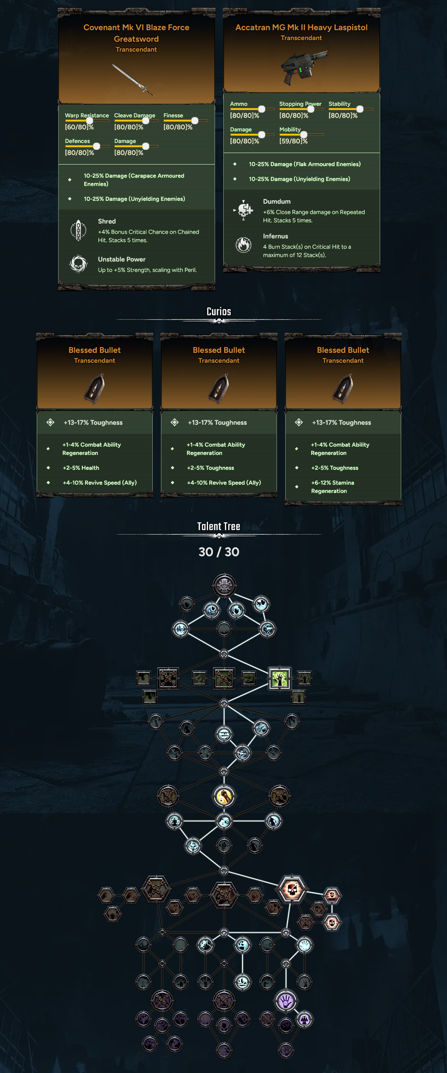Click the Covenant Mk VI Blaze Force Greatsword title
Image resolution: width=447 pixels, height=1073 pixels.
pyautogui.click(x=136, y=33)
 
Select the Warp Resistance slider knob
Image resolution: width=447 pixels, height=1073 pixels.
pyautogui.click(x=89, y=120)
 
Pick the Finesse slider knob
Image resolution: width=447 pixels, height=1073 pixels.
pyautogui.click(x=194, y=120)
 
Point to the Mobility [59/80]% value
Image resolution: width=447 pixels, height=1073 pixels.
pyautogui.click(x=293, y=141)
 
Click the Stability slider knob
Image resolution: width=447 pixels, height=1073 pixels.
pyautogui.click(x=359, y=109)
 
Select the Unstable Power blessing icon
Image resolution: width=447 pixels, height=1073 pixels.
pyautogui.click(x=78, y=264)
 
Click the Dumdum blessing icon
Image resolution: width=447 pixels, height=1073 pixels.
pyautogui.click(x=244, y=210)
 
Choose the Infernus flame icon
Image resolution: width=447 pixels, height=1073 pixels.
pyautogui.click(x=244, y=245)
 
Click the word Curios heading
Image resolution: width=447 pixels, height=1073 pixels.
pyautogui.click(x=218, y=312)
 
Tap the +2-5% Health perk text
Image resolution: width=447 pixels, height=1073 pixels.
pyautogui.click(x=81, y=468)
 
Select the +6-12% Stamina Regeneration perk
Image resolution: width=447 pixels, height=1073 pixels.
pyautogui.click(x=332, y=487)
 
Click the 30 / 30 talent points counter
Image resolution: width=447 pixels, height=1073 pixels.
pyautogui.click(x=218, y=552)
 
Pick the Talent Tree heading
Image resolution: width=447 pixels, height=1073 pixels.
pyautogui.click(x=218, y=526)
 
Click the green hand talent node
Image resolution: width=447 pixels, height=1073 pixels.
pyautogui.click(x=279, y=678)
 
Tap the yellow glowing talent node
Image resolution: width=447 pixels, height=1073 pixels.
pyautogui.click(x=224, y=796)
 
